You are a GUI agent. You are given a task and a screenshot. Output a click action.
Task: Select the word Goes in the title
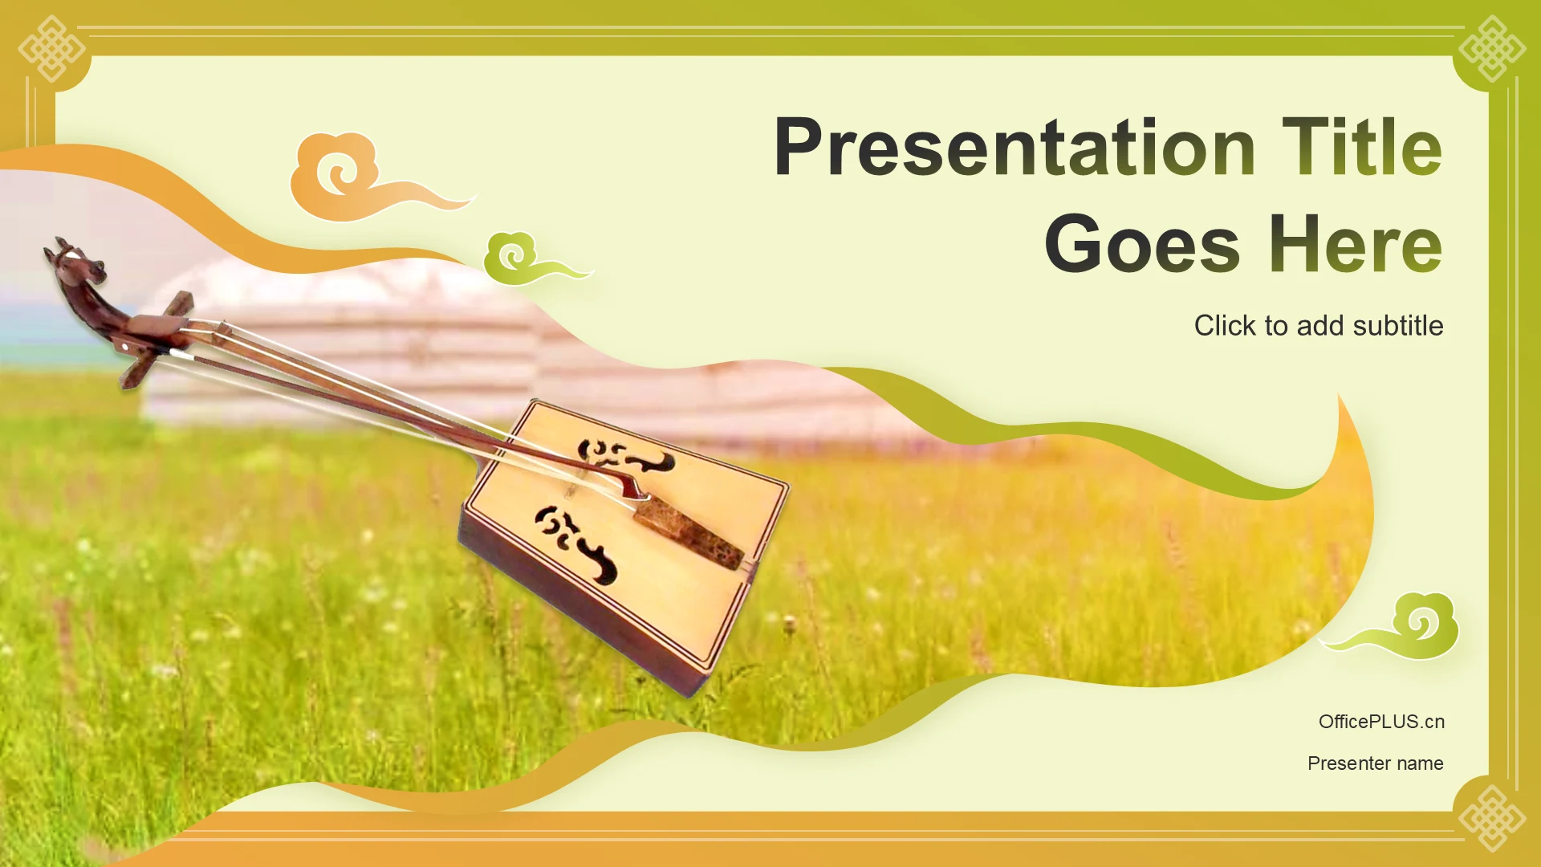pos(1143,244)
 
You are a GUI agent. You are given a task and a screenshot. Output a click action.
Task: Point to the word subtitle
pos(1398,326)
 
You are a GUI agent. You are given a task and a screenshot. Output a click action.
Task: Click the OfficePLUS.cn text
pos(1381,722)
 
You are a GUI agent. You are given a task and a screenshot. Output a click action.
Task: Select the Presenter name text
pos(1375,763)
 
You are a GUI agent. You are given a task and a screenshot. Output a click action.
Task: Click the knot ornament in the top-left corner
pos(51,48)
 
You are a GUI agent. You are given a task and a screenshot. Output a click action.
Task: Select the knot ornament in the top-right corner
pos(1492,48)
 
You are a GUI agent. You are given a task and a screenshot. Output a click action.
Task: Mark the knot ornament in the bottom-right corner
pos(1492,818)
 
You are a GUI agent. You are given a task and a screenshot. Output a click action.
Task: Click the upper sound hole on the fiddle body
pos(626,458)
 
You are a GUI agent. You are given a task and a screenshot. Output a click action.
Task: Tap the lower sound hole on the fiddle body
pos(575,543)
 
